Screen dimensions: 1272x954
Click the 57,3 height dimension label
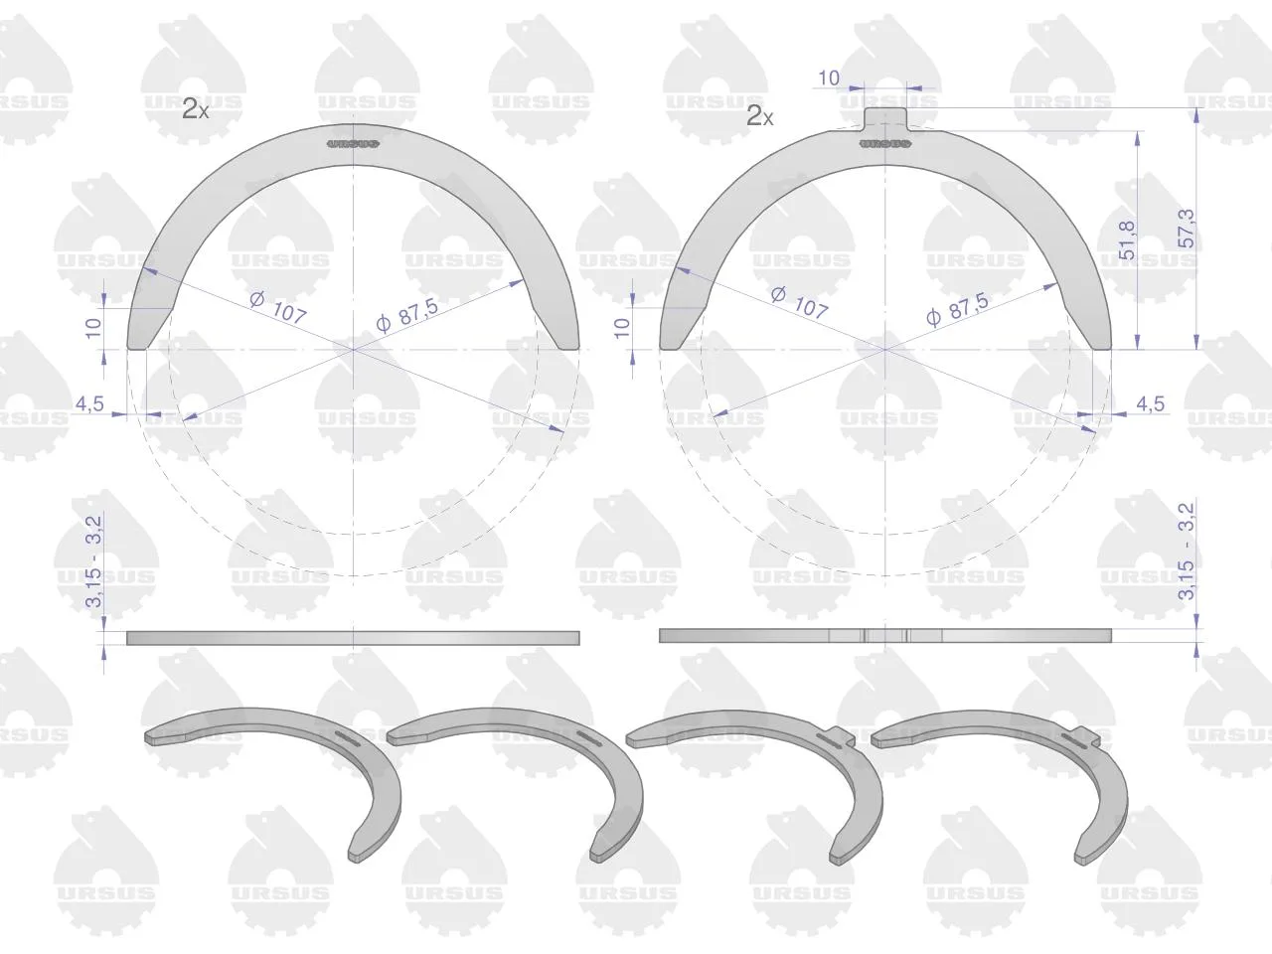[1187, 229]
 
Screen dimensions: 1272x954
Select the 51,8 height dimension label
[1127, 239]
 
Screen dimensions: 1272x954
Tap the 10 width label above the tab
[829, 79]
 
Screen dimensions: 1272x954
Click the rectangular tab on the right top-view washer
[885, 119]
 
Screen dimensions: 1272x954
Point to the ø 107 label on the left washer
[278, 308]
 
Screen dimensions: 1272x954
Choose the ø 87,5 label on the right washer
[958, 310]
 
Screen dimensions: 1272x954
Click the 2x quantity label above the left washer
[196, 109]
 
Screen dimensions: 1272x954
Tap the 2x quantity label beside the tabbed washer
[760, 116]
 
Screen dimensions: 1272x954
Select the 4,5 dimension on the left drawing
[89, 403]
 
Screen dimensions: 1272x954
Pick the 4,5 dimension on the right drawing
[1151, 403]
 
